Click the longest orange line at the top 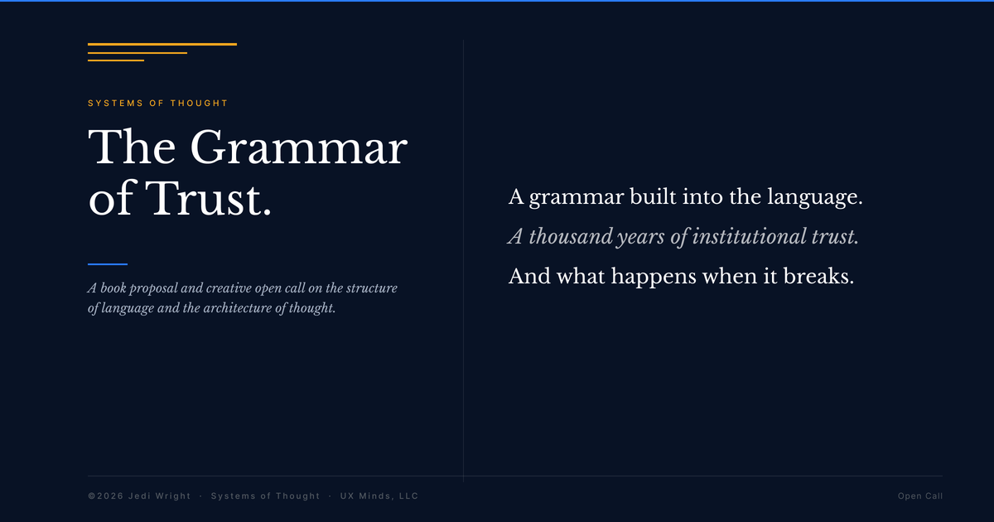click(x=162, y=44)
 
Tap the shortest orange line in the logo click(x=116, y=60)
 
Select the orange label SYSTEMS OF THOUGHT click(x=157, y=104)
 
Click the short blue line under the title click(x=108, y=264)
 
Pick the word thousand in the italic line click(x=571, y=237)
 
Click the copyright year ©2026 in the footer click(x=106, y=496)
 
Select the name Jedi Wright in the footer click(x=159, y=496)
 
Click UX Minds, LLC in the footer click(x=379, y=496)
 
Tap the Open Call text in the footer click(x=919, y=496)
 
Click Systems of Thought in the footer click(x=265, y=496)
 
